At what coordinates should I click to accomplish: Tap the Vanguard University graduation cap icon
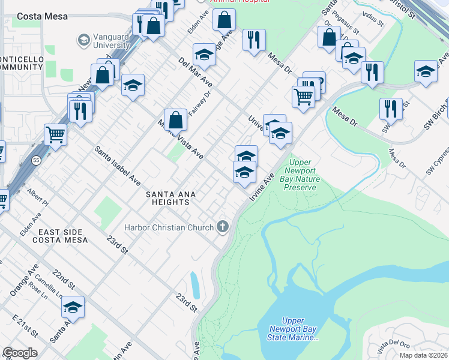83,40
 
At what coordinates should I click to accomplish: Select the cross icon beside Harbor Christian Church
223,227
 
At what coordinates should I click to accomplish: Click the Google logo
20,353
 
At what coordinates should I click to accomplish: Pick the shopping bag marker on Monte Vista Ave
175,121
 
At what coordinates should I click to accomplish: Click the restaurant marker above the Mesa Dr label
254,40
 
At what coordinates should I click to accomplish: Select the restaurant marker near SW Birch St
391,109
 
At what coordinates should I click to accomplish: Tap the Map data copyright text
423,355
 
